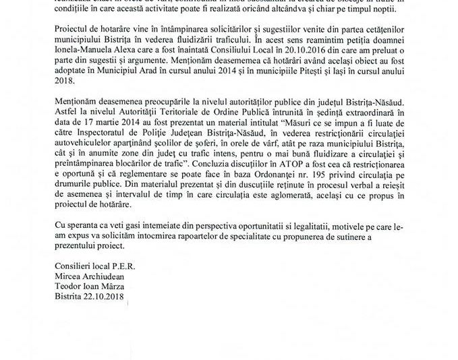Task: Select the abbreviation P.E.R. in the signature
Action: point(118,264)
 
